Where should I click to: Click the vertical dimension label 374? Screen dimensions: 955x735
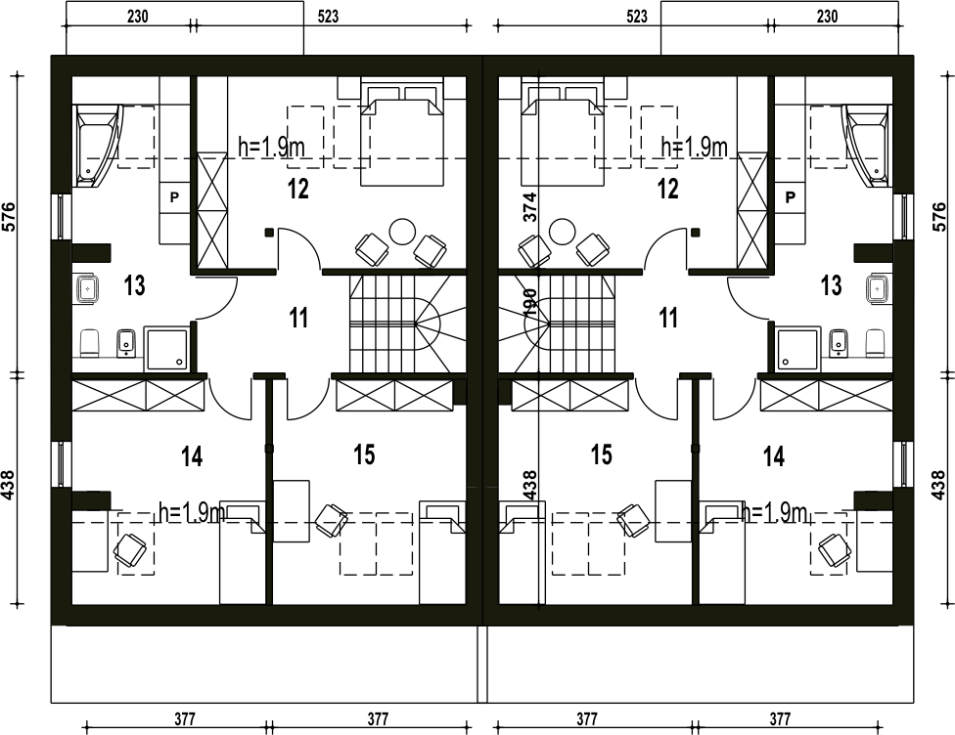pos(530,207)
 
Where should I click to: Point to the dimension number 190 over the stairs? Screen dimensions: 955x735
pos(530,302)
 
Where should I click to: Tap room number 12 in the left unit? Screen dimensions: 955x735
pos(298,190)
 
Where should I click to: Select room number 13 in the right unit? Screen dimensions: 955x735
pos(832,284)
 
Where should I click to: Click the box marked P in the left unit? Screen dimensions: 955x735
pos(174,197)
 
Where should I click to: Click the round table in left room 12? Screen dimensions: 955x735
pos(402,232)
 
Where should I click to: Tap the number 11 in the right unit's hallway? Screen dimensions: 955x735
pos(668,318)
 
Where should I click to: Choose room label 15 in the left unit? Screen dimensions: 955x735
pos(364,454)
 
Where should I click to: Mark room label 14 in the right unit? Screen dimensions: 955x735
pos(774,455)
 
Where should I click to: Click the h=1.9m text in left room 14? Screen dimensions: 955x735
pos(191,513)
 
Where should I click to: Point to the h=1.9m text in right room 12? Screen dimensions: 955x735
pos(695,147)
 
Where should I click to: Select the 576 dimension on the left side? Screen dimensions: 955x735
pos(10,217)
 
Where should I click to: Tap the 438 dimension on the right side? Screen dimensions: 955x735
pos(938,485)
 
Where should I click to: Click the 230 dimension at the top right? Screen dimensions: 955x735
pos(827,17)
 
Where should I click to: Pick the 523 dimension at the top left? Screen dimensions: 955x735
pos(329,17)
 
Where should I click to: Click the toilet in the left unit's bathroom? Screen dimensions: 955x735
pos(90,343)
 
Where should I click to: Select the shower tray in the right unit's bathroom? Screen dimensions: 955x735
pos(799,349)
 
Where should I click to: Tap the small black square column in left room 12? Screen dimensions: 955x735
pos(268,232)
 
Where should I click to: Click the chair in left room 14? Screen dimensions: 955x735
pos(131,550)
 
